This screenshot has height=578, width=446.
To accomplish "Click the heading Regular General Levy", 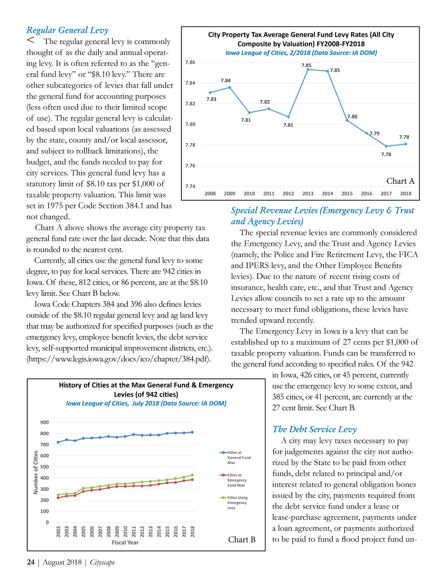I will [x=67, y=30].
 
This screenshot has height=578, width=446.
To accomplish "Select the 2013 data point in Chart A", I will [x=308, y=70].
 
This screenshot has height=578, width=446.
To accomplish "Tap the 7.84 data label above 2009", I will [x=226, y=80].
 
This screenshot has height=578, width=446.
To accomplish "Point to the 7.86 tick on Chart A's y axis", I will [x=190, y=62].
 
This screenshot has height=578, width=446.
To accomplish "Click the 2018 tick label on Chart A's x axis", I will [x=405, y=194].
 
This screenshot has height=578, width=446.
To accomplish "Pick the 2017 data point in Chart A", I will [x=386, y=146].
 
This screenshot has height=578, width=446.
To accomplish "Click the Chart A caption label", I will [x=400, y=181].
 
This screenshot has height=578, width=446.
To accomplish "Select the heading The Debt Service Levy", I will [x=314, y=429].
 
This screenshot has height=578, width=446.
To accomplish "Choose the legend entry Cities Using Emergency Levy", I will [x=237, y=502].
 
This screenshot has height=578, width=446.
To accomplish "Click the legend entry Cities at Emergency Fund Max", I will [x=236, y=480].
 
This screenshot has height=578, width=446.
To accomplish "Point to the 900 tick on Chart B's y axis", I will [x=45, y=422].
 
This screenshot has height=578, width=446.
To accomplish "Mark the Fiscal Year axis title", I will [x=125, y=543].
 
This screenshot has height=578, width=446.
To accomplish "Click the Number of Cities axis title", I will [x=36, y=472].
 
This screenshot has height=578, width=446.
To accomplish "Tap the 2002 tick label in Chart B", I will [x=58, y=531].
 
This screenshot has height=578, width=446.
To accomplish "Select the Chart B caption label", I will [x=242, y=540].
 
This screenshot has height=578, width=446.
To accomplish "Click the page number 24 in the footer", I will [x=31, y=562].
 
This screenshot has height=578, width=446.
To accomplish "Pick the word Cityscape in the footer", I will [x=102, y=562].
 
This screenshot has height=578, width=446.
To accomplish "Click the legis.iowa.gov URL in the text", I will [x=119, y=359].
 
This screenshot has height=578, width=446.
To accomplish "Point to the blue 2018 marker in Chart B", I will [x=192, y=432].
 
